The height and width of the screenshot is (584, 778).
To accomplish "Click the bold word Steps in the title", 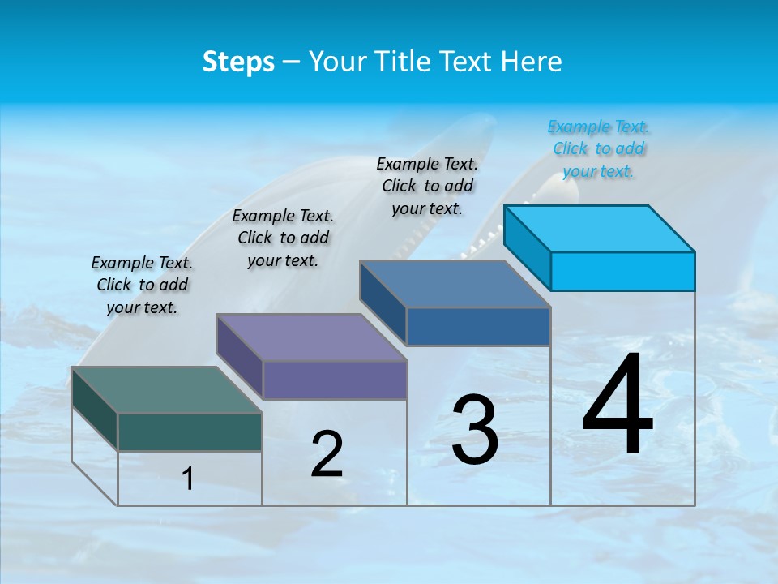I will click(238, 62).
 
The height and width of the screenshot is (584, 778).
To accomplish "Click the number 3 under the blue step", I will click(475, 430).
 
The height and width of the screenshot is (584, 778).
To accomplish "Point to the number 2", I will click(327, 454).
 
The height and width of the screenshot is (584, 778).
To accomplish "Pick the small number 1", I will click(188, 479).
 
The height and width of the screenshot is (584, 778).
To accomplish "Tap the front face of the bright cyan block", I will click(622, 271).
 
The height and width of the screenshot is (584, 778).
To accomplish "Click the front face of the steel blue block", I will click(478, 326).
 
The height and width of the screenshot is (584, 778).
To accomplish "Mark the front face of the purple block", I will click(335, 380).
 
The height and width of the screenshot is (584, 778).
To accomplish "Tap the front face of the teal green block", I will click(190, 432).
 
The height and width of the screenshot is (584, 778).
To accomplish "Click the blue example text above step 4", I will click(599, 149).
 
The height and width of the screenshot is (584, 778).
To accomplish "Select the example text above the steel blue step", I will click(427, 186).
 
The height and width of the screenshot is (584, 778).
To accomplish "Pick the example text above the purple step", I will click(283, 238).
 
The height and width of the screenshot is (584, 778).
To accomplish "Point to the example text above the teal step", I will click(142, 285).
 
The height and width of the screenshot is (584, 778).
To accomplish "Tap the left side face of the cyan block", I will click(528, 247).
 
